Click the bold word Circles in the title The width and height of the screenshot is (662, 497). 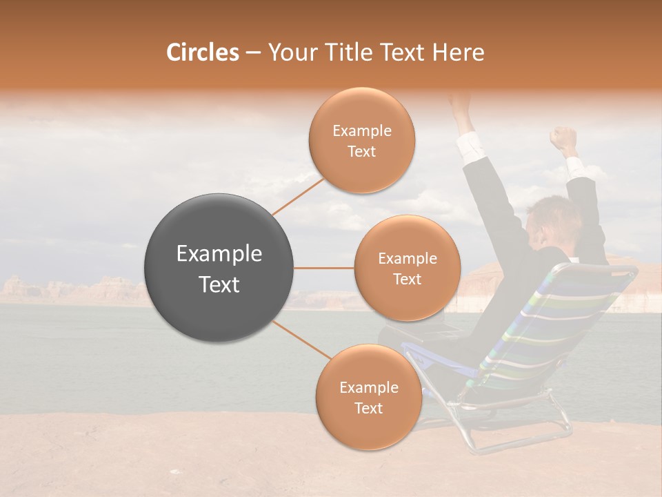[x=203, y=52]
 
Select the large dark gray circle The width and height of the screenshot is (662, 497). [x=219, y=268]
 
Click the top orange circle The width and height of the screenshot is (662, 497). [x=361, y=140]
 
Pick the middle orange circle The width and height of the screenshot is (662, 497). [x=407, y=268]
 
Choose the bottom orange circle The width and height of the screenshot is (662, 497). [x=368, y=397]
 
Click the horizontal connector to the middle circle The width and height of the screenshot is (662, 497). [x=323, y=268]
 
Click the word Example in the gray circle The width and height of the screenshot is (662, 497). [x=219, y=254]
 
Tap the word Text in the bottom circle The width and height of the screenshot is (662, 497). [x=368, y=409]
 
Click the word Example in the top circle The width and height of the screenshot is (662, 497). [x=361, y=131]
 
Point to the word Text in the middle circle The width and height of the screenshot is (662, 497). [x=407, y=280]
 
